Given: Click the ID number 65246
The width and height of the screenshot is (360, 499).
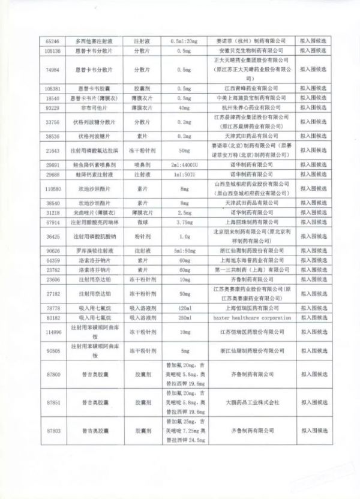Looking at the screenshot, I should point(53,41).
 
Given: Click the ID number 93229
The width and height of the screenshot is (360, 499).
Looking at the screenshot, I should point(53,106).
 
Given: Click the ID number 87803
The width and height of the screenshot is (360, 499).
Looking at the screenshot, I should point(53,431).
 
